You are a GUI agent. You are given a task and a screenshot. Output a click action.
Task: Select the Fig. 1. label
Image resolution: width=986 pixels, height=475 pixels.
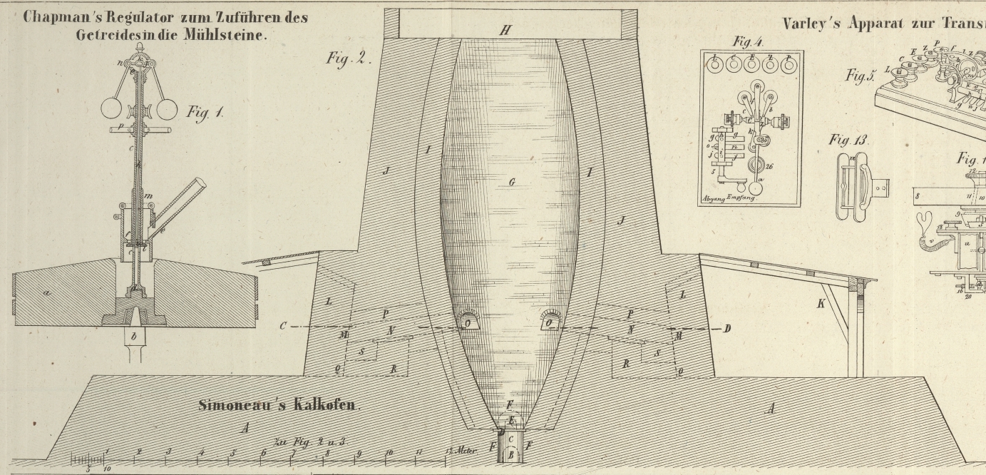[x=205, y=112]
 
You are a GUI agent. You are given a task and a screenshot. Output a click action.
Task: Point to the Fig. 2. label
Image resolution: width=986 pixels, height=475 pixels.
[x=349, y=58]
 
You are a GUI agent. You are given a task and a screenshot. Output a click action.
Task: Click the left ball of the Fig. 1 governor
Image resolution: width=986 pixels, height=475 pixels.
[x=113, y=109]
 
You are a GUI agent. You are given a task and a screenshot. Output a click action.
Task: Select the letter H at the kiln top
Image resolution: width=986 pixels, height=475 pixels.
[x=505, y=29]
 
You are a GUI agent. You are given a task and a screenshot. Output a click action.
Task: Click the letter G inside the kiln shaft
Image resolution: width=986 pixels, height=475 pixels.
[x=512, y=182]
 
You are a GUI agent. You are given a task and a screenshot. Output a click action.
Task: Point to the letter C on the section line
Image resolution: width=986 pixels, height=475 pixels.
[x=284, y=326]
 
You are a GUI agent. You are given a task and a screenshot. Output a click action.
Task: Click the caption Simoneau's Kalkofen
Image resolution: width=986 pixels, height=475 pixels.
[x=280, y=405]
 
